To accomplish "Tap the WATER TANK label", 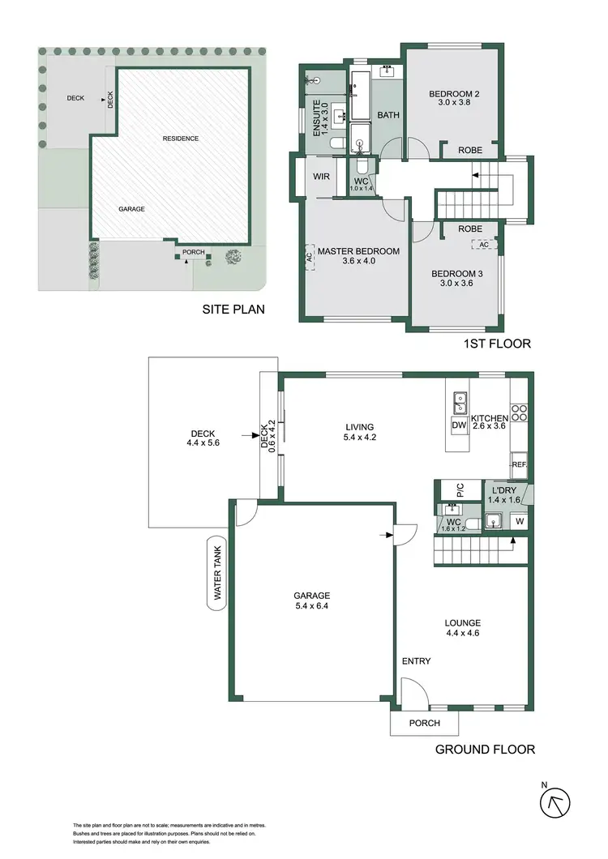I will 218,575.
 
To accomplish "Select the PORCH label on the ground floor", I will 424,723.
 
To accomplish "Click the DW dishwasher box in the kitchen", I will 458,425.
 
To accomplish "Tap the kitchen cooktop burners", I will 519,412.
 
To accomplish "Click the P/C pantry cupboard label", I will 459,489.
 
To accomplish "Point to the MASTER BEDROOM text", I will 358,251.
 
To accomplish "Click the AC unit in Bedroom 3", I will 484,245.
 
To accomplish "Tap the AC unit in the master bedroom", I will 309,255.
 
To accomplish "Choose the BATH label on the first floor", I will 388,115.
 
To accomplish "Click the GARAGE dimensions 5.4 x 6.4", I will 313,605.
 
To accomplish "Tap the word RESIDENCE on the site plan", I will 180,139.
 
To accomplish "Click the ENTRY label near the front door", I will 416,661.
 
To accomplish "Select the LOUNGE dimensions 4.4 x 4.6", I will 463,634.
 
